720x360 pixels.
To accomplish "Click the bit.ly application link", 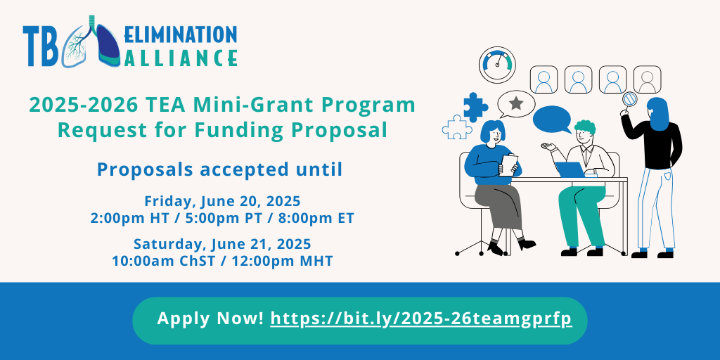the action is pos(421,319).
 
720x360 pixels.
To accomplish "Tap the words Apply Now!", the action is pos(210,319).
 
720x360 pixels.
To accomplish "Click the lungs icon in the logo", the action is pos(91,42).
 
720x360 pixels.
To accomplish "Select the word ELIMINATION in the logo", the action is pos(181,34).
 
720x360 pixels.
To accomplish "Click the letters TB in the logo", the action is pos(40,46).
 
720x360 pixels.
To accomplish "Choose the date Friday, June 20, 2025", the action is pos(222,201).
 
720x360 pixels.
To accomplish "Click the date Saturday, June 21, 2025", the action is pos(222,243).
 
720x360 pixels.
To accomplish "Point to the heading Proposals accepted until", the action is pos(220,170).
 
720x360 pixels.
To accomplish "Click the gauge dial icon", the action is pos(497,65).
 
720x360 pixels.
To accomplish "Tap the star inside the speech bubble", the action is pos(517,103).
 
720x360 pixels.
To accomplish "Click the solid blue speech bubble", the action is pos(552,119).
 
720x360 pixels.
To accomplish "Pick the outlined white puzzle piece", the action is pos(457,127).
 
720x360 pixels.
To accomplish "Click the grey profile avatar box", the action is pos(647,79).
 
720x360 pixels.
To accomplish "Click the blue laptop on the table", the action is pos(570,169).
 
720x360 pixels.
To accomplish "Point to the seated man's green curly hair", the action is pos(584,127).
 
